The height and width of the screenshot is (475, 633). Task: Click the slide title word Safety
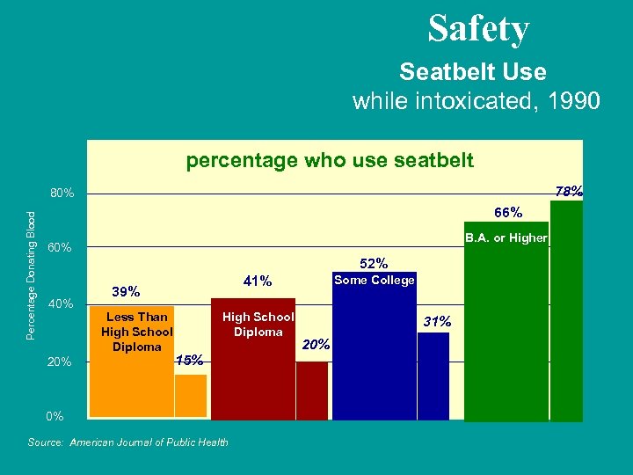pos(478,29)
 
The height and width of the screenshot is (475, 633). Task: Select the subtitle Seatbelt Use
pos(472,71)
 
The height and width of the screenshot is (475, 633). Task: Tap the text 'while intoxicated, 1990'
pos(476,101)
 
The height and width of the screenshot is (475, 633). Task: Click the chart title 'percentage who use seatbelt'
pos(329,160)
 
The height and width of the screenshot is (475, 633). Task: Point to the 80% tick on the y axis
pos(61,194)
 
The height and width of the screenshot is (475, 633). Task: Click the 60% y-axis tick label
pos(61,249)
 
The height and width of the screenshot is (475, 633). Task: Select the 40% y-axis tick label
pos(61,304)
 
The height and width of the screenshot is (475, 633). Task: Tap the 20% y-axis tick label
pos(61,362)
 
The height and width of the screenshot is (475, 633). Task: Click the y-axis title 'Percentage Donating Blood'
pos(32,274)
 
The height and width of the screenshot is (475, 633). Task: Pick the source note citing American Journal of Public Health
pos(128,442)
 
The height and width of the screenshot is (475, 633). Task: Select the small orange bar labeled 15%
pos(191,396)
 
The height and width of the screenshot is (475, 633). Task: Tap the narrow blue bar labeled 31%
pos(433,376)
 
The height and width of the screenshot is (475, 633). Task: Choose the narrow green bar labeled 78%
pos(566,311)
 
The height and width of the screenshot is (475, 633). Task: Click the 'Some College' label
pos(375,280)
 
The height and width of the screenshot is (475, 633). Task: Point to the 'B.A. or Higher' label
pos(506,237)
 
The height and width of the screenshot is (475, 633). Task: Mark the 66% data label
pos(507,212)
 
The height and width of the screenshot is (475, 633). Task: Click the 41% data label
pos(258,281)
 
